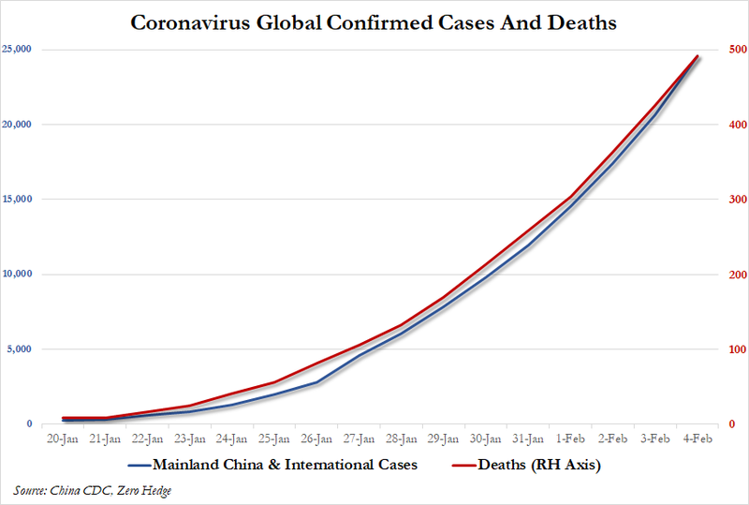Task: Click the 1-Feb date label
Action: pos(569,438)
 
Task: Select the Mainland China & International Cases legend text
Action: pos(285,463)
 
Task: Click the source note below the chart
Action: pos(92,490)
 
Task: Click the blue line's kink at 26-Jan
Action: pos(316,382)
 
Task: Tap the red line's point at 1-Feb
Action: pos(569,198)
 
